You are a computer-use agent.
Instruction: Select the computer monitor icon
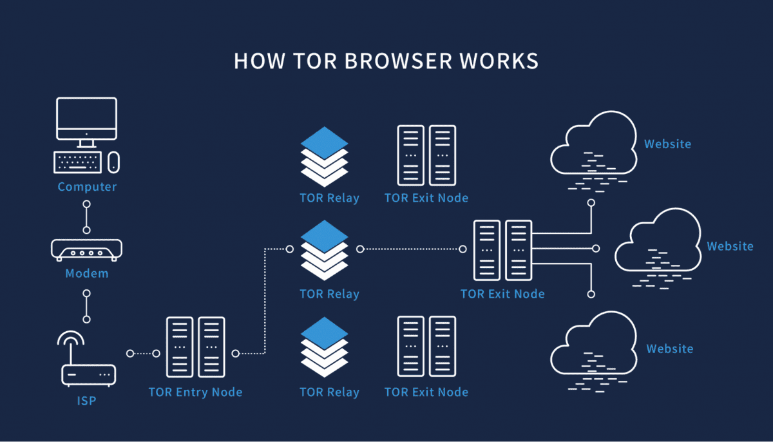86,120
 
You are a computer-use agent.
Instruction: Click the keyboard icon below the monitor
77,162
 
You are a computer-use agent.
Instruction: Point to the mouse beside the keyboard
113,162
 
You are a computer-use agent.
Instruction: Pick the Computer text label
87,187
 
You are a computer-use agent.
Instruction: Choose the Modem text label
86,274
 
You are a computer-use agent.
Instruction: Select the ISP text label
86,401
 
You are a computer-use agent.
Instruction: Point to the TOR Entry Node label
195,392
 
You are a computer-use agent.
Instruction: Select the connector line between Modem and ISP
86,306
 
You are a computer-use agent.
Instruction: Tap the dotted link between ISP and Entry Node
144,353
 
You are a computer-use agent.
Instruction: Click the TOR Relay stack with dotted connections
324,248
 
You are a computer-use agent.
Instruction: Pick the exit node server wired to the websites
502,250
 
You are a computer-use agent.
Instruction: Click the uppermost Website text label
667,144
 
